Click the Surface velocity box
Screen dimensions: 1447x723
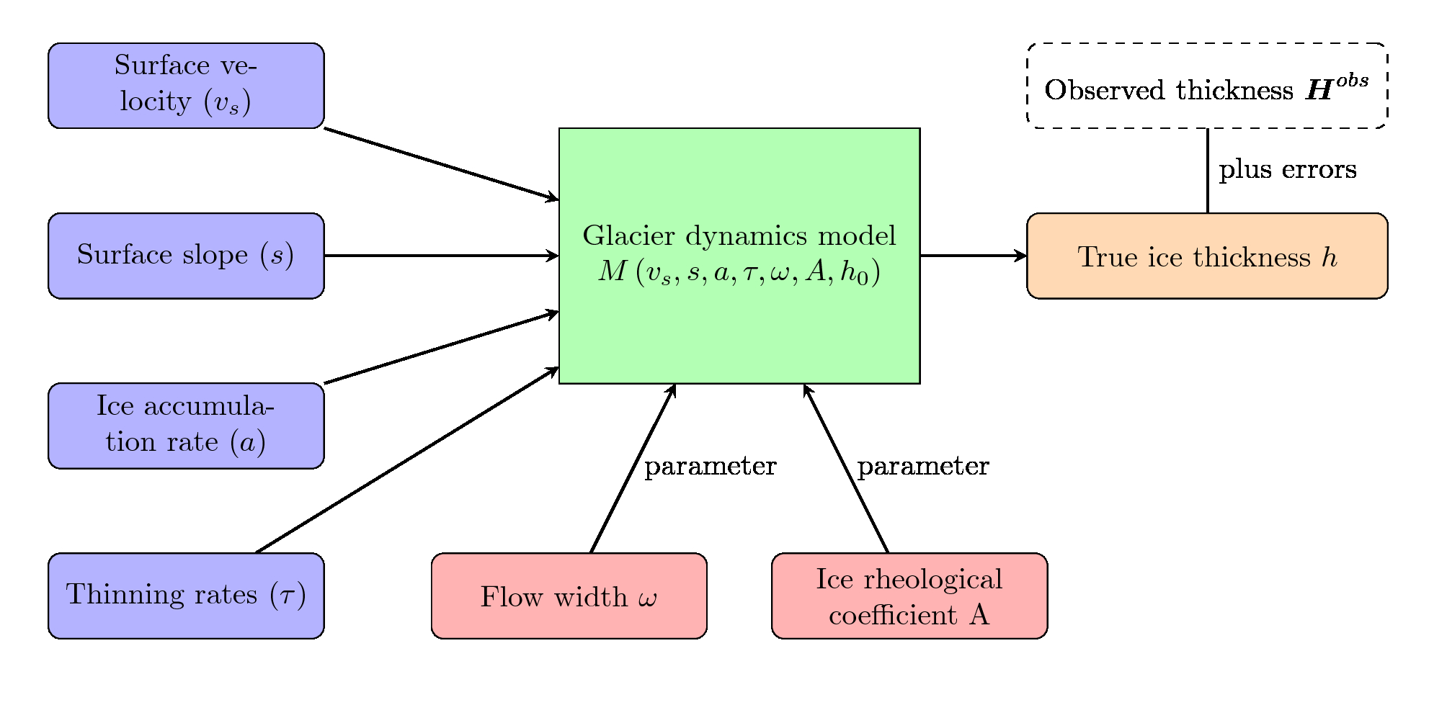[x=186, y=86]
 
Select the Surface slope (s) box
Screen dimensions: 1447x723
[x=186, y=256]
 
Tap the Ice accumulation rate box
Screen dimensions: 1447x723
[x=186, y=426]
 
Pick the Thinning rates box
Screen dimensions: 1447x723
[x=186, y=596]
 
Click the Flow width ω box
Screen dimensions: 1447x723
[x=569, y=596]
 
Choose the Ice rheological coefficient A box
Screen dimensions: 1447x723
[x=909, y=596]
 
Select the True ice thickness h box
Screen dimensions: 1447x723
[x=1207, y=256]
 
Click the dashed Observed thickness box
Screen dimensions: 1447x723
[x=1207, y=86]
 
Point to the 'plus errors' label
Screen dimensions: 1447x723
[x=1288, y=170]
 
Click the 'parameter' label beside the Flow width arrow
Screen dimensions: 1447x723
[x=711, y=467]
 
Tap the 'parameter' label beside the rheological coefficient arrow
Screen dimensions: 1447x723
[x=923, y=467]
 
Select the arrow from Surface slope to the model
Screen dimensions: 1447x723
[x=442, y=256]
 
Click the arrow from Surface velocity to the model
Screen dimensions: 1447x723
[x=442, y=164]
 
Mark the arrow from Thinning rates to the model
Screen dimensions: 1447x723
[x=408, y=460]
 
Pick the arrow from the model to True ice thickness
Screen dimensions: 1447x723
[x=974, y=256]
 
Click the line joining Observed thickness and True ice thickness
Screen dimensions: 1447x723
[x=1208, y=171]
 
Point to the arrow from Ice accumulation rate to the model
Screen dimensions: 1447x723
[x=442, y=347]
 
